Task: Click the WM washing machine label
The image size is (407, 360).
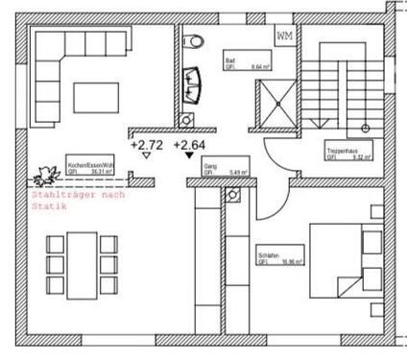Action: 285,36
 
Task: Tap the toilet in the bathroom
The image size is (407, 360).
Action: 195,40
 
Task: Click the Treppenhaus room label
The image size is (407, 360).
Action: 342,152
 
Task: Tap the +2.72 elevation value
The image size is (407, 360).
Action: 145,145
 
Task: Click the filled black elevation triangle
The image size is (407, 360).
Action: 187,157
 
